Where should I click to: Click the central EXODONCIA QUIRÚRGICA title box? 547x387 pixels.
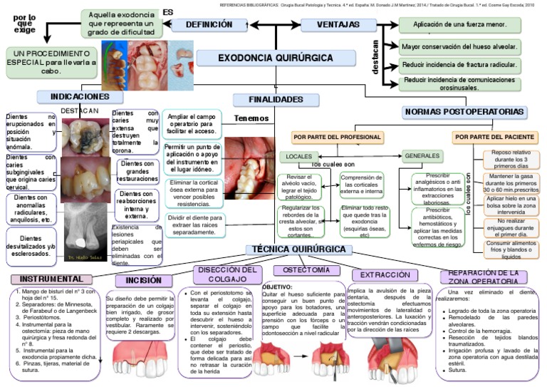click(275, 57)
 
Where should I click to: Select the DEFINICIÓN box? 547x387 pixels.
click(209, 25)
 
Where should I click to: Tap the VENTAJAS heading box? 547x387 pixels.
click(338, 25)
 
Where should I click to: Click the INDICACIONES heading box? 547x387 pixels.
click(80, 97)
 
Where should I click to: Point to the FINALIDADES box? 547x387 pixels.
click(276, 100)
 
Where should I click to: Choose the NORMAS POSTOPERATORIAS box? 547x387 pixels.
click(464, 112)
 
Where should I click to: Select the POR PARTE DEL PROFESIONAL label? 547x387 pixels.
click(337, 136)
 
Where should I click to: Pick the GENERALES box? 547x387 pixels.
click(422, 155)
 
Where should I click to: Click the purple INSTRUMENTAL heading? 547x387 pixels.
click(51, 279)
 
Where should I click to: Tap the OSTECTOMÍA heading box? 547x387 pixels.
click(306, 271)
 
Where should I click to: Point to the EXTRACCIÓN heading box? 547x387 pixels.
click(385, 275)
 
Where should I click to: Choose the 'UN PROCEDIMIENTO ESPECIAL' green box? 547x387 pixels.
click(51, 62)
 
